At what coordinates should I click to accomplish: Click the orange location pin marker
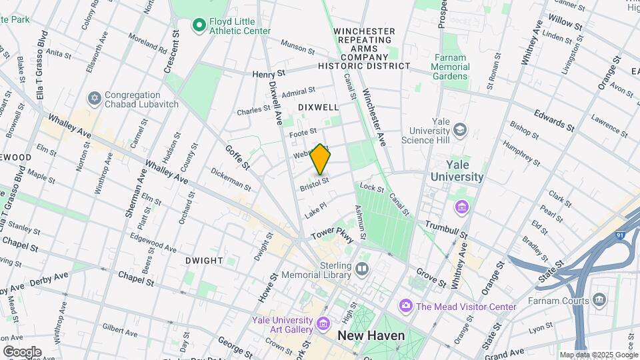point(321,159)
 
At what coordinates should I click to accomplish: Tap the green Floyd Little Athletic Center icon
point(198,25)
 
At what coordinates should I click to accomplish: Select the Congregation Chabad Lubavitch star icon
point(94,99)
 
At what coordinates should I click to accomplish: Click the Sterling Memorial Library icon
point(362,269)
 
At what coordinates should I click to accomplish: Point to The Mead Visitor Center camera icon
point(405,306)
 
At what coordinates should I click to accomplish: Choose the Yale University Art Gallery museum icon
point(323,325)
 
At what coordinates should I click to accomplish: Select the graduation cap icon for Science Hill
point(459,129)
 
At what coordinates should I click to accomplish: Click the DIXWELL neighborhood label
point(318,107)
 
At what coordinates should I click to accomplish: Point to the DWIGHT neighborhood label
point(204,260)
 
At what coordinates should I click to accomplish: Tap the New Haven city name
point(371,335)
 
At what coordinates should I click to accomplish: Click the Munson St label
point(297,44)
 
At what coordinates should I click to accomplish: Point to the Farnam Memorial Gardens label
point(449,67)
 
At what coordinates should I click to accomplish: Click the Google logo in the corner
point(22,352)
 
